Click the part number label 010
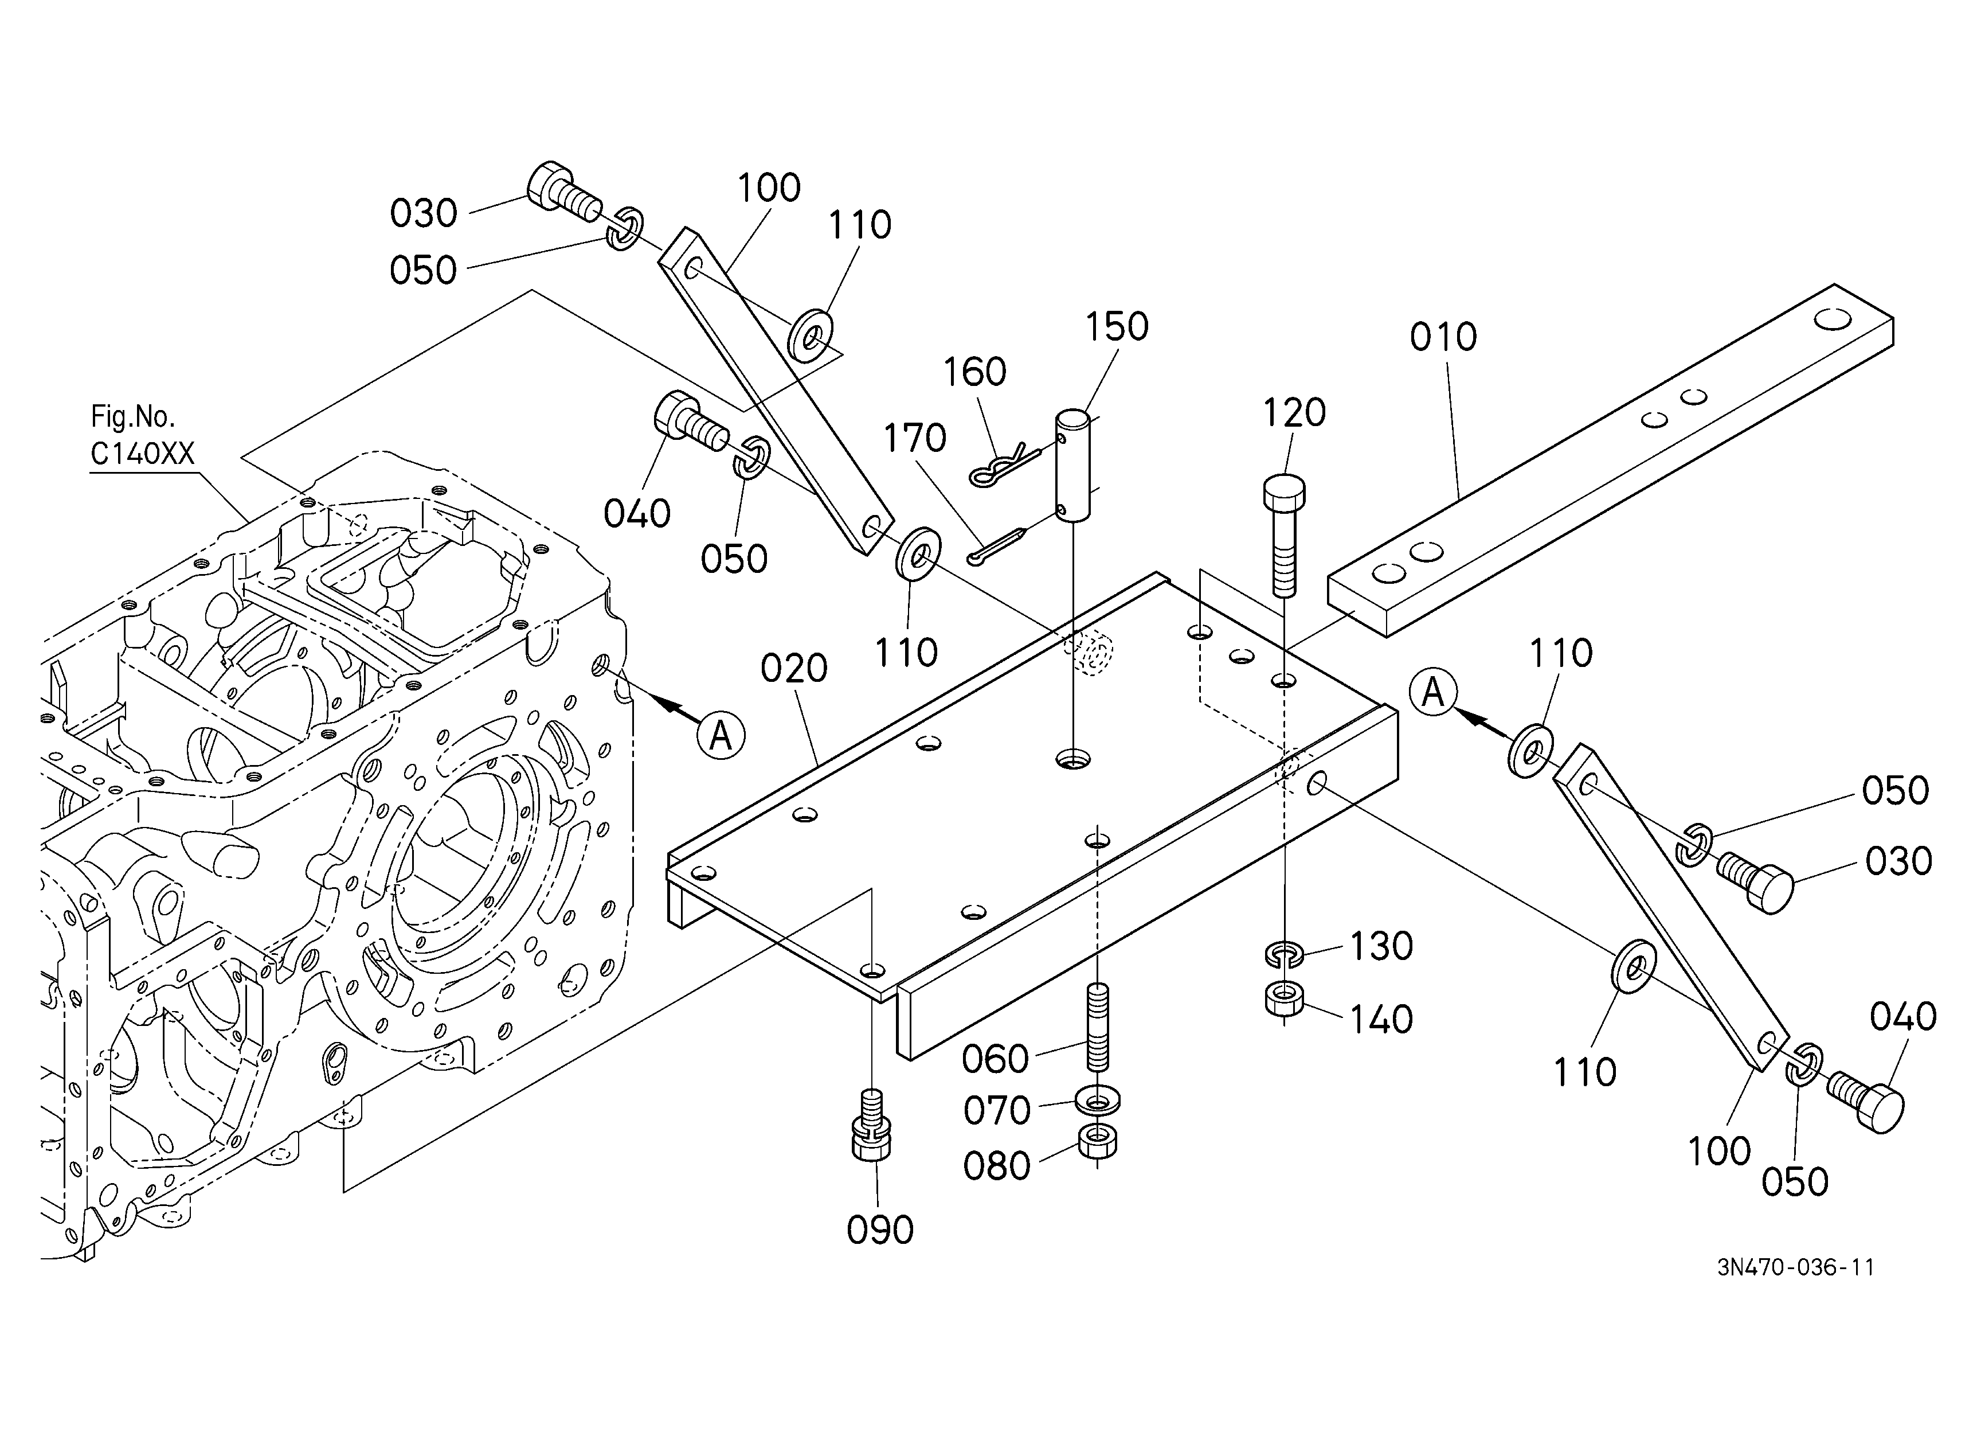tap(1443, 337)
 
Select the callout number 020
tap(793, 669)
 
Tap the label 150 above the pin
tap(1117, 327)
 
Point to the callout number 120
tap(1294, 412)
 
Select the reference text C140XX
tap(142, 454)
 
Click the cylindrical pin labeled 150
tap(1073, 466)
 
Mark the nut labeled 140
tap(1284, 998)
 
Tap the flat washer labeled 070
tap(1098, 1101)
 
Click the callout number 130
tap(1381, 946)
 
